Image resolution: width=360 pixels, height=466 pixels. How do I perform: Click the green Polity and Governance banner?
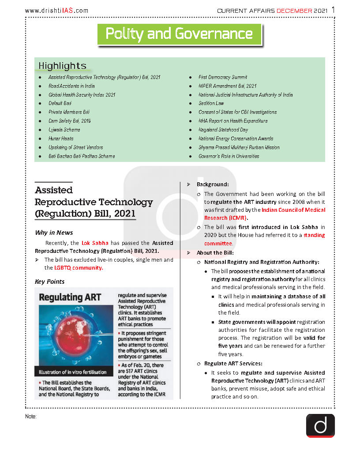(179, 34)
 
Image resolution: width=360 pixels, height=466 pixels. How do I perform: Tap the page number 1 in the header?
(333, 10)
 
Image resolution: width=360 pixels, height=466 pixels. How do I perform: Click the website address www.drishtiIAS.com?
(56, 11)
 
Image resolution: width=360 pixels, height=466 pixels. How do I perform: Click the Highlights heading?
(62, 66)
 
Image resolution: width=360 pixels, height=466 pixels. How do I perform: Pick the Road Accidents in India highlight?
(71, 86)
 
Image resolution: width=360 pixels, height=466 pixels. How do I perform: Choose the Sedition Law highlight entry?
(211, 103)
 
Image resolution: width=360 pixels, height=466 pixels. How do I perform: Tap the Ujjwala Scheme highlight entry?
(64, 130)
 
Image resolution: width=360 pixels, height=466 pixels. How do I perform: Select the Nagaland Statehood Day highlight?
(223, 130)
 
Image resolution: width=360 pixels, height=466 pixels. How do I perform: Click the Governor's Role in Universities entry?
(229, 156)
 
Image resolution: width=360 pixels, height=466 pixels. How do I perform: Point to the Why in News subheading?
(54, 233)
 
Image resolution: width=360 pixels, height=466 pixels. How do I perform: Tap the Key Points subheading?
(49, 282)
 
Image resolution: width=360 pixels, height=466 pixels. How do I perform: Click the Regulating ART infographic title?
(70, 297)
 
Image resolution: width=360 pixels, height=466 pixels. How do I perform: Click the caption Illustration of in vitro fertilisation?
(72, 372)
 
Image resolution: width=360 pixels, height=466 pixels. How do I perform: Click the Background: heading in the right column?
(213, 184)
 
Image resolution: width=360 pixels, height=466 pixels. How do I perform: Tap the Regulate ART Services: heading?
(233, 364)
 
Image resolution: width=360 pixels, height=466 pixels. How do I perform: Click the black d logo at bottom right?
(320, 425)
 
